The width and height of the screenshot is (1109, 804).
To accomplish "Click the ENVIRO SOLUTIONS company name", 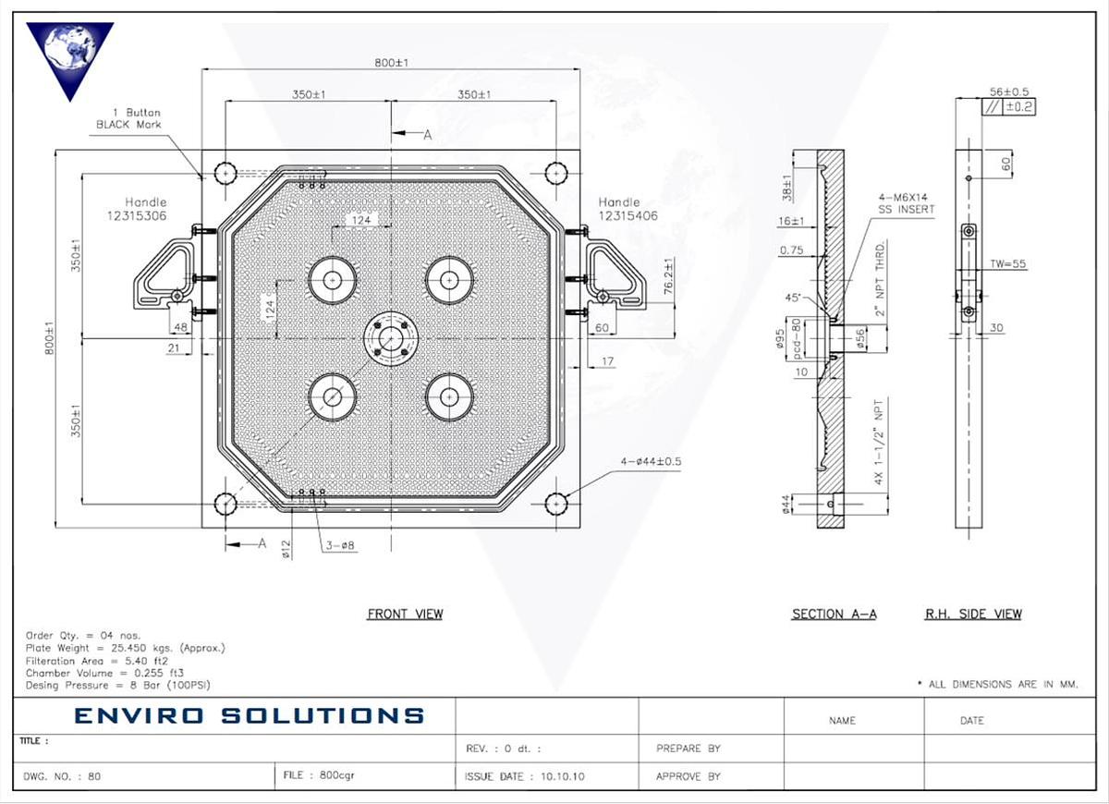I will click(x=249, y=715).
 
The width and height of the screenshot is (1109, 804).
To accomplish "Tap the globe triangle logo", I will click(x=69, y=55).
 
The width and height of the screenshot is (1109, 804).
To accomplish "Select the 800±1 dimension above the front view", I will click(x=392, y=62).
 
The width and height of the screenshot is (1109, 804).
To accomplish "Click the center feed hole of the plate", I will click(x=392, y=338).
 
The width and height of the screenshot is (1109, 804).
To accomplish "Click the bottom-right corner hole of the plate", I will click(x=555, y=504).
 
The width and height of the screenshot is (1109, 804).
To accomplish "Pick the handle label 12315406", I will click(x=628, y=215).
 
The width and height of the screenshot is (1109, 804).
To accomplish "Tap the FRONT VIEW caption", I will click(x=405, y=615).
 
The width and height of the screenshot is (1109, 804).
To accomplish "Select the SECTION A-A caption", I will click(x=834, y=615).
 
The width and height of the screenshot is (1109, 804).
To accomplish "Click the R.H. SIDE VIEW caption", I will click(x=973, y=615).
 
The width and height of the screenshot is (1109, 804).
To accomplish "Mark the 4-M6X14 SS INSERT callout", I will click(x=907, y=203).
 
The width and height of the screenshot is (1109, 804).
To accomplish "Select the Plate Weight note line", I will click(x=126, y=648).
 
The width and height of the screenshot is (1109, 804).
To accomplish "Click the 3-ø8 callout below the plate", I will click(x=339, y=546).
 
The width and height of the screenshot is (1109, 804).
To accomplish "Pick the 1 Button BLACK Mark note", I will click(x=129, y=118).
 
